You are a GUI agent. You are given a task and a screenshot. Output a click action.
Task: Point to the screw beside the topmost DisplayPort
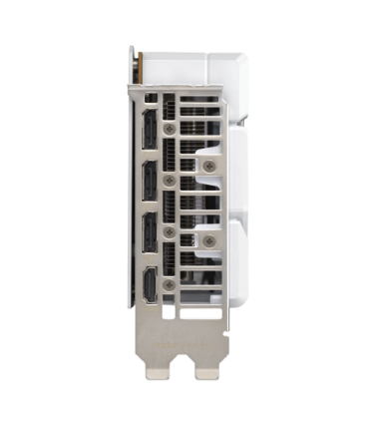click(171, 129)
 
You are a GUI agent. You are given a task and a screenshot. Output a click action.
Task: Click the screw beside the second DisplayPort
click(171, 180)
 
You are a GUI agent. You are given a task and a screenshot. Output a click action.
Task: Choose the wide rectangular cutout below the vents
click(194, 309)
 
